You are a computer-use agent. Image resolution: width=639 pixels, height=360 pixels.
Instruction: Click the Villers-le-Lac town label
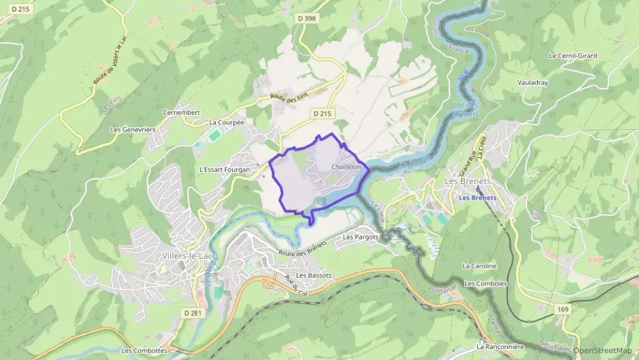[x=187, y=255]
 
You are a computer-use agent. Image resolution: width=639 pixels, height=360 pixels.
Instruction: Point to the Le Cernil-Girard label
[x=572, y=55]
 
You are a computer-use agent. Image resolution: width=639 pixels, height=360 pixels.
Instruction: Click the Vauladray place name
[x=532, y=82]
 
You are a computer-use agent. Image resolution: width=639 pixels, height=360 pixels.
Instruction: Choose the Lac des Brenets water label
[x=465, y=109]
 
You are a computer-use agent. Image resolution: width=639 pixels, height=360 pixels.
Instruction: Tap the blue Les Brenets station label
[x=477, y=198]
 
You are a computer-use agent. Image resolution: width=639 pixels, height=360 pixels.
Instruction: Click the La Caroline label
[x=479, y=266]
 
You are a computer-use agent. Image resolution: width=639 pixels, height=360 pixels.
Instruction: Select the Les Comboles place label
[x=485, y=283]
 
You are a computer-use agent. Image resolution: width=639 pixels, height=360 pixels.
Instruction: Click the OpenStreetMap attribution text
[x=603, y=350]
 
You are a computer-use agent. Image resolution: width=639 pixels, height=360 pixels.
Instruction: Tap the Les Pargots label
[x=360, y=237]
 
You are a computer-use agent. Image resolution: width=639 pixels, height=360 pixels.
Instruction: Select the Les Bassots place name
[x=314, y=275]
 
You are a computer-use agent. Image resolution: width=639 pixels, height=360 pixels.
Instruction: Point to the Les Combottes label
[x=145, y=350]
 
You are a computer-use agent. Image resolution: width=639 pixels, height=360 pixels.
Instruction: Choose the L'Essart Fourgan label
[x=225, y=169]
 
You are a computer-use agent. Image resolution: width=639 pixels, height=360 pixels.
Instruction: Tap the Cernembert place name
[x=181, y=112]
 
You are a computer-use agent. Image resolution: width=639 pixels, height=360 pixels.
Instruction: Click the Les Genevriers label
[x=133, y=129]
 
